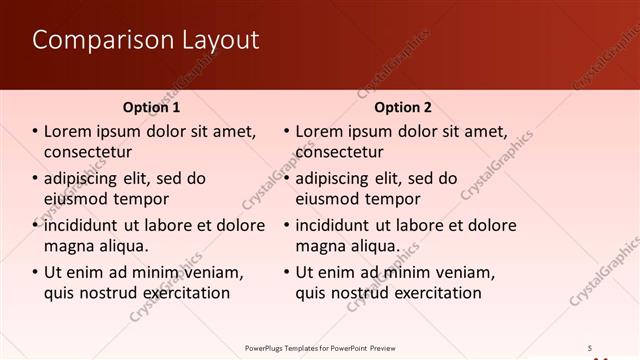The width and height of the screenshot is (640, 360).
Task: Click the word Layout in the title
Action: [218, 41]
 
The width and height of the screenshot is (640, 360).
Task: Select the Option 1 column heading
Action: [152, 107]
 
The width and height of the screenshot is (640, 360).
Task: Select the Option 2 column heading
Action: [404, 107]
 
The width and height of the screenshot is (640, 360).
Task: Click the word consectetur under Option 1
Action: [88, 152]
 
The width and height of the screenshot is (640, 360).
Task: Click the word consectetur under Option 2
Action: [340, 152]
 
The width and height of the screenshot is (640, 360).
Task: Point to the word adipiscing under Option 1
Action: [83, 179]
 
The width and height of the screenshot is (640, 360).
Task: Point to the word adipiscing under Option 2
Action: [335, 179]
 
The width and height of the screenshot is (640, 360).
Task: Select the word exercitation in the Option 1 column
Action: [182, 293]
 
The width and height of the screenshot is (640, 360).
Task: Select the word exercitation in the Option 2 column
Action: [434, 293]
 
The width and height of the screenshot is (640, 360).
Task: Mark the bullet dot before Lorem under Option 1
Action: [35, 131]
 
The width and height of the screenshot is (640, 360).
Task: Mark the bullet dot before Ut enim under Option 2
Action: [287, 272]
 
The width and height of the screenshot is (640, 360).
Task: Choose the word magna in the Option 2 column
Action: [318, 246]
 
